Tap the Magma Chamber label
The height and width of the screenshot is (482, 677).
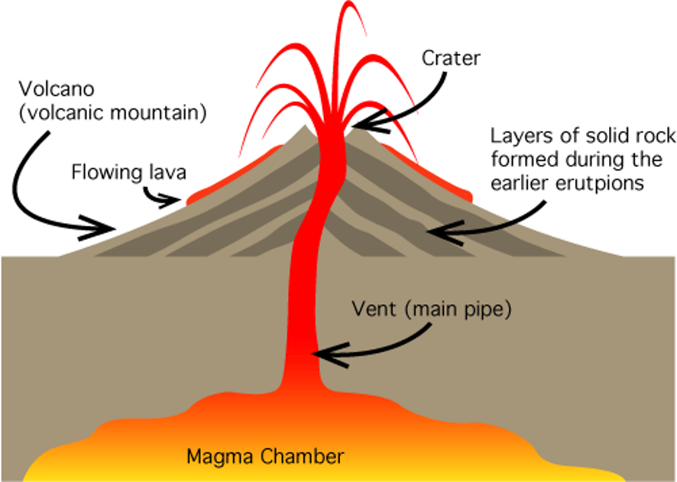[265, 457]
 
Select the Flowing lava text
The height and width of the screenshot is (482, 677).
[128, 172]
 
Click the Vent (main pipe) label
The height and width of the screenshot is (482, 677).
[429, 312]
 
